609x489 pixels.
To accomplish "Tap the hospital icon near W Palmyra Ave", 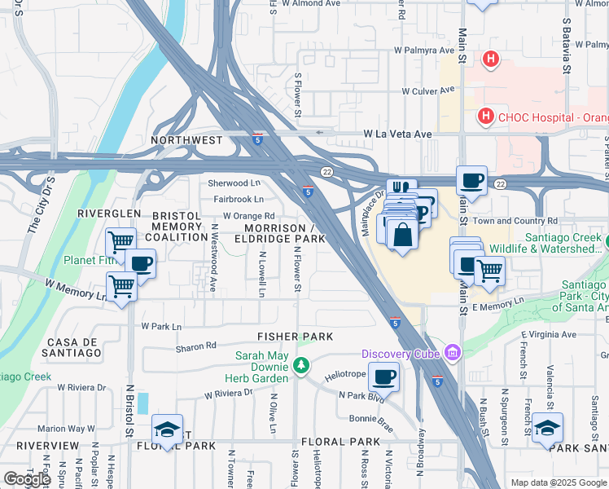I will click(x=490, y=59).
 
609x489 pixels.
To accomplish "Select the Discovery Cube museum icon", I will click(x=453, y=353).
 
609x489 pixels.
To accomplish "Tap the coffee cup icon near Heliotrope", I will click(x=384, y=377).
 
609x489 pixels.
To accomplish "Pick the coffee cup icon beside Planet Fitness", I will click(x=140, y=263).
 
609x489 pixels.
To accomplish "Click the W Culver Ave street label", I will click(x=427, y=91).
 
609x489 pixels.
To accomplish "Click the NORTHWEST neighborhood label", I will click(x=186, y=140).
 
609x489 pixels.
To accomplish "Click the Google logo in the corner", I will click(x=26, y=479).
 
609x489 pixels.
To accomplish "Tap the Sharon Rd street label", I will click(x=195, y=347).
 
